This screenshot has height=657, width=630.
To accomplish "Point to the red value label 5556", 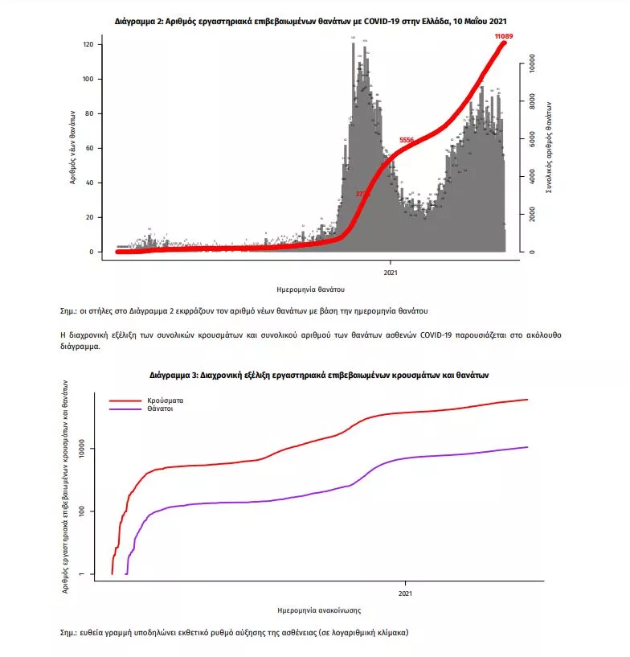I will pos(407,141).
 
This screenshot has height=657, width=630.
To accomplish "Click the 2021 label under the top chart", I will pos(391,270).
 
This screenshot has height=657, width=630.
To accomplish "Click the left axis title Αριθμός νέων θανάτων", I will pos(72,149).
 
